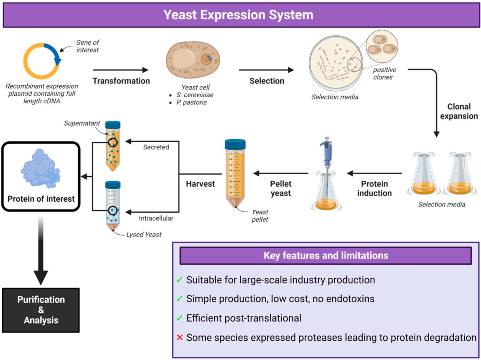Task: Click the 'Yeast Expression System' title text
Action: click(x=239, y=15)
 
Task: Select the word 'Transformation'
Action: click(x=121, y=81)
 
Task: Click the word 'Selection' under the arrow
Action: click(x=267, y=81)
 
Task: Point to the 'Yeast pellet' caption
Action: click(x=260, y=216)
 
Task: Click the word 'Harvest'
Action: click(x=200, y=184)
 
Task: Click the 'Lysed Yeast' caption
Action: click(x=144, y=235)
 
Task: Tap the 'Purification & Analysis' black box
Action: click(x=41, y=310)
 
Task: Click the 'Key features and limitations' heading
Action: click(x=325, y=255)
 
